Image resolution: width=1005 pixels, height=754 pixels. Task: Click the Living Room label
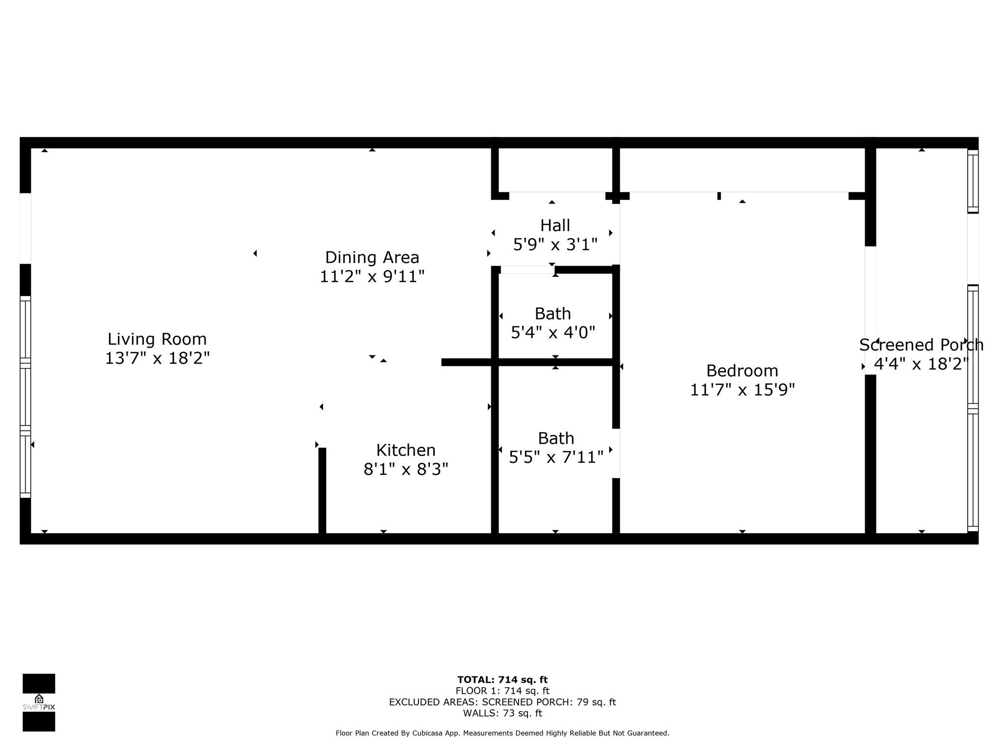pos(157,339)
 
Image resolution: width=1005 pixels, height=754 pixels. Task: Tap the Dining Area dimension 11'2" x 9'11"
pos(372,276)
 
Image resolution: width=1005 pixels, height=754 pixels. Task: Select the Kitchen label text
pos(406,450)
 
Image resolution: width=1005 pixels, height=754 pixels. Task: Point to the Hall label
pos(555,225)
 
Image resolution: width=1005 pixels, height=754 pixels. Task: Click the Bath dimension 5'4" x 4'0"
pos(553,333)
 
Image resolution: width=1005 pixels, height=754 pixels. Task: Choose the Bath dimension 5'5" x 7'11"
pos(556,457)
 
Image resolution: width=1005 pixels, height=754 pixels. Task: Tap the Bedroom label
pos(742,371)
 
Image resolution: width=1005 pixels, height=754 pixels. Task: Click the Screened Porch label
pos(921,345)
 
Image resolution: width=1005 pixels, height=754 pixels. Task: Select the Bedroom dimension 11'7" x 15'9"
pos(742,390)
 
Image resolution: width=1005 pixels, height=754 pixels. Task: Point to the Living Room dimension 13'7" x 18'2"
pos(157,358)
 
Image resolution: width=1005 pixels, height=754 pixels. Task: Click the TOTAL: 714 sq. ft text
pos(502,680)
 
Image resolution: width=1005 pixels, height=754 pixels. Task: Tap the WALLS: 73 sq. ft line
pos(502,713)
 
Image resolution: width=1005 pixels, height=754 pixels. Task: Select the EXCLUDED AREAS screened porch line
pos(502,702)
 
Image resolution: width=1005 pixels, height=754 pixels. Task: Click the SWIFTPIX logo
pos(39,702)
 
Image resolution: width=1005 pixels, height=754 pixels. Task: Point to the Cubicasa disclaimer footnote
pos(502,733)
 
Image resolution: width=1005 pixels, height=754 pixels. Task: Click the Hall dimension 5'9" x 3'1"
pos(555,244)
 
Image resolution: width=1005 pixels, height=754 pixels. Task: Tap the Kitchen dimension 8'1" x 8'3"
pos(406,469)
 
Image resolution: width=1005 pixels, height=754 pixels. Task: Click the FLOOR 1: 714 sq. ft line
pos(502,691)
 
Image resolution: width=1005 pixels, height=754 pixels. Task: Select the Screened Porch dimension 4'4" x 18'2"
pos(921,364)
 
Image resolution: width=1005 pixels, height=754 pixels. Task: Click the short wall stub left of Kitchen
pos(322,490)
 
